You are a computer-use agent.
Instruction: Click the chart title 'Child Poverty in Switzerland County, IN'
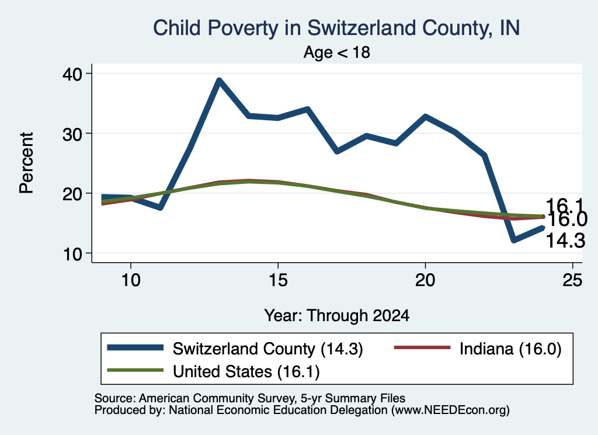click(x=336, y=29)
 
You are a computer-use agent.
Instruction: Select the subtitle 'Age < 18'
click(x=337, y=52)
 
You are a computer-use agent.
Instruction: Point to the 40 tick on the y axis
click(x=72, y=74)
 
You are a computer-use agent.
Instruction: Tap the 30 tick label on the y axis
click(x=72, y=134)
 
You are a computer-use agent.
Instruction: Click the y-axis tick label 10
click(x=72, y=254)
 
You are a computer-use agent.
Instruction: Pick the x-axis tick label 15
click(x=278, y=281)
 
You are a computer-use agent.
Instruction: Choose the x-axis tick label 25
click(x=572, y=281)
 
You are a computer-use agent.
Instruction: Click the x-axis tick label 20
click(x=425, y=281)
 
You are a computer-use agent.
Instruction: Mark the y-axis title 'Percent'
click(x=27, y=163)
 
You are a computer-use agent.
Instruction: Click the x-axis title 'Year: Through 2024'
click(x=337, y=316)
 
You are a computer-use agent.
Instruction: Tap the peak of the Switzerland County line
click(x=219, y=80)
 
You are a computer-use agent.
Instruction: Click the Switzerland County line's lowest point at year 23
click(x=514, y=240)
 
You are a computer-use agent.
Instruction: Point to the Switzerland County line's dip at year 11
click(x=161, y=207)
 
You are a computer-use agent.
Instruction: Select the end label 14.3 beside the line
click(x=566, y=241)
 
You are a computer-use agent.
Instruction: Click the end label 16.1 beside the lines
click(x=565, y=206)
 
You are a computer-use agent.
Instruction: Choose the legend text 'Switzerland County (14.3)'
click(x=267, y=349)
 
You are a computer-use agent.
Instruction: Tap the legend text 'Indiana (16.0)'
click(x=510, y=349)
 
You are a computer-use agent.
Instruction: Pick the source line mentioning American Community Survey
click(x=250, y=398)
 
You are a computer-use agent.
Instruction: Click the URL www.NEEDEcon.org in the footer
click(x=450, y=410)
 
